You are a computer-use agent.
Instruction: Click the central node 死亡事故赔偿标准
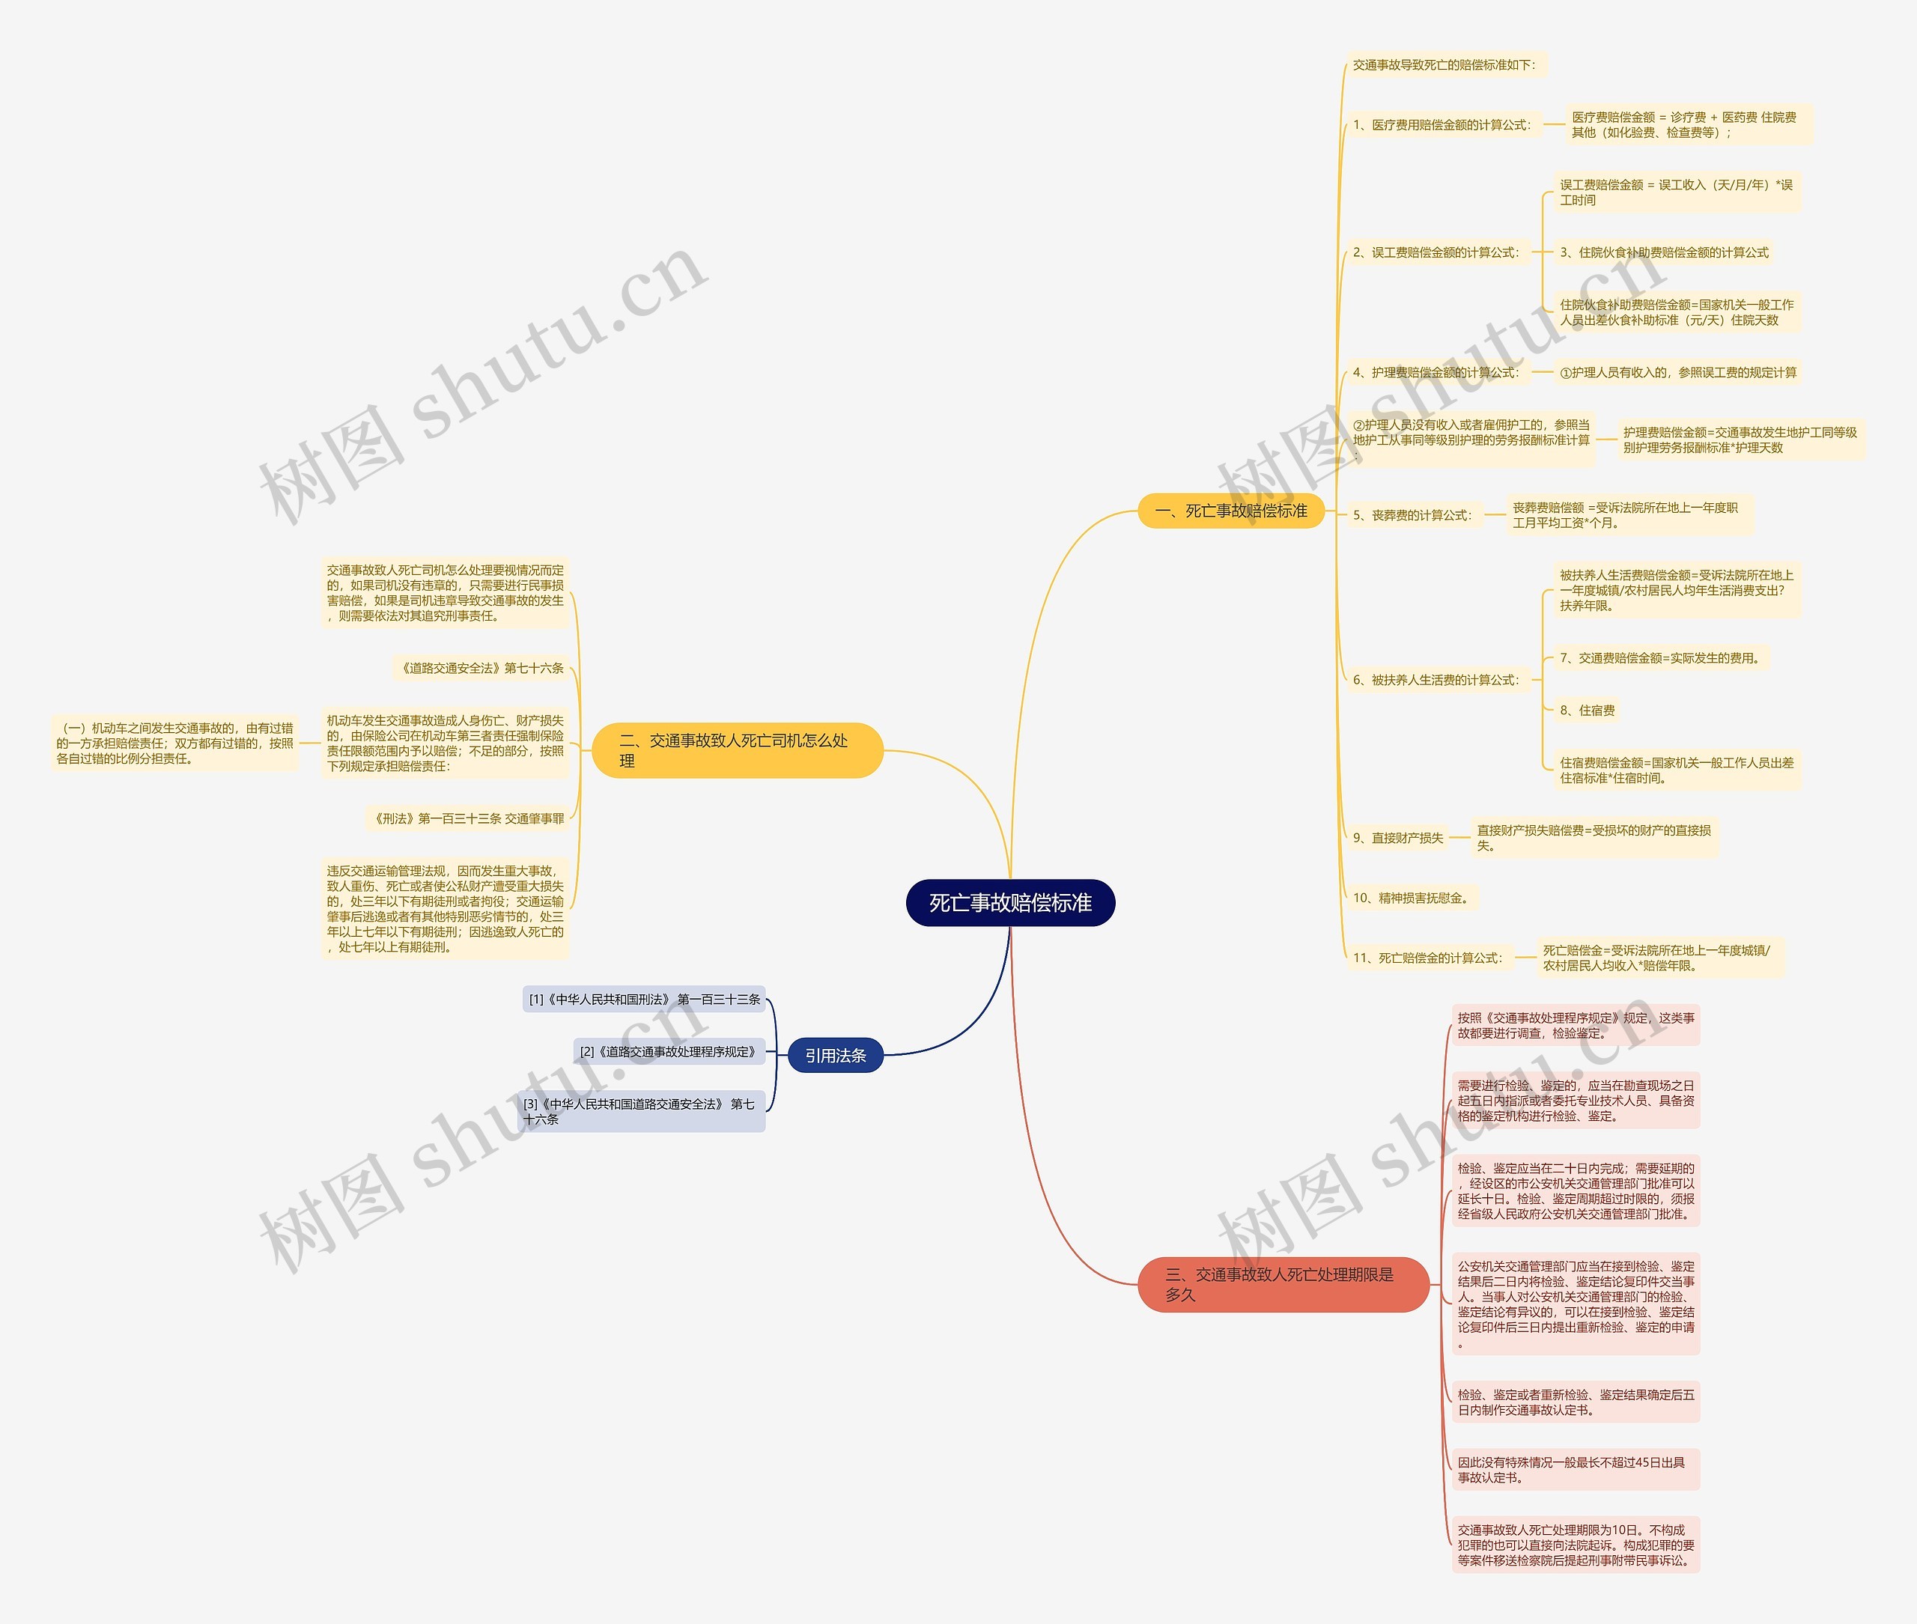[x=1010, y=902]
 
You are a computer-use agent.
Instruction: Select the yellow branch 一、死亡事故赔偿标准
[x=1231, y=511]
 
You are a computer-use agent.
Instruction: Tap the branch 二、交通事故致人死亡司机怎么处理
[x=737, y=750]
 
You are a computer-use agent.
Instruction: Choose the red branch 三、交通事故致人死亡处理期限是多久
[x=1283, y=1284]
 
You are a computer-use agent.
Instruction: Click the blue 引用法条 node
[x=835, y=1055]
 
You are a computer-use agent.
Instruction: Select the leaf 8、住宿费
[x=1588, y=710]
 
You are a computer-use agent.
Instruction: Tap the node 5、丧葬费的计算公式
[x=1412, y=516]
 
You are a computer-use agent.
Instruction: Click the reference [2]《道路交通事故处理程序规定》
[x=669, y=1051]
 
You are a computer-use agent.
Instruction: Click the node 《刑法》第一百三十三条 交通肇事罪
[x=466, y=818]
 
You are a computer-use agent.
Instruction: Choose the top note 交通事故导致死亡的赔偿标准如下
[x=1444, y=64]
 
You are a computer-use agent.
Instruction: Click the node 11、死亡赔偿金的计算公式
[x=1427, y=958]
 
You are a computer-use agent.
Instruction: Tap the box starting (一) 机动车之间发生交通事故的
[x=175, y=743]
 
